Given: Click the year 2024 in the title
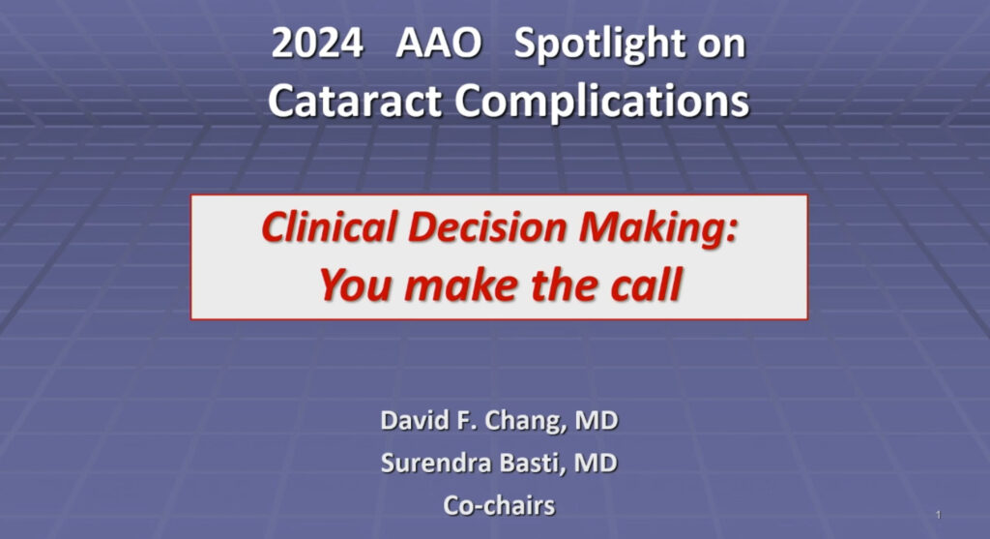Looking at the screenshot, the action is tap(317, 44).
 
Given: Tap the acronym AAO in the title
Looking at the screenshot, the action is tap(439, 44).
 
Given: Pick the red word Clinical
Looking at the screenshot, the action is tap(329, 226).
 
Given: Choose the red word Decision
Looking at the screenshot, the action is tap(487, 226).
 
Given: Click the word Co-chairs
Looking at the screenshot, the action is tap(500, 505).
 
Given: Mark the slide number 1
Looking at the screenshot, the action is tap(938, 515).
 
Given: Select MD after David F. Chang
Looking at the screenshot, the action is tap(596, 420).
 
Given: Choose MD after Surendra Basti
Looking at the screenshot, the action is tap(596, 463).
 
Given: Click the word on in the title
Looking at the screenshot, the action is tap(721, 45).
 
